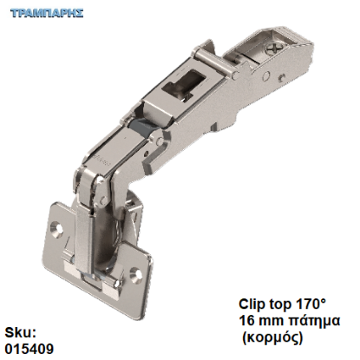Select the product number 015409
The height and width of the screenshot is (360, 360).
(27, 349)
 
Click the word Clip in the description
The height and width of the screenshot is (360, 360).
(252, 304)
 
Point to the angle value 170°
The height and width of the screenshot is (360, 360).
(312, 304)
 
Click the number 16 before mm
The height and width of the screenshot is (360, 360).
(246, 320)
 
